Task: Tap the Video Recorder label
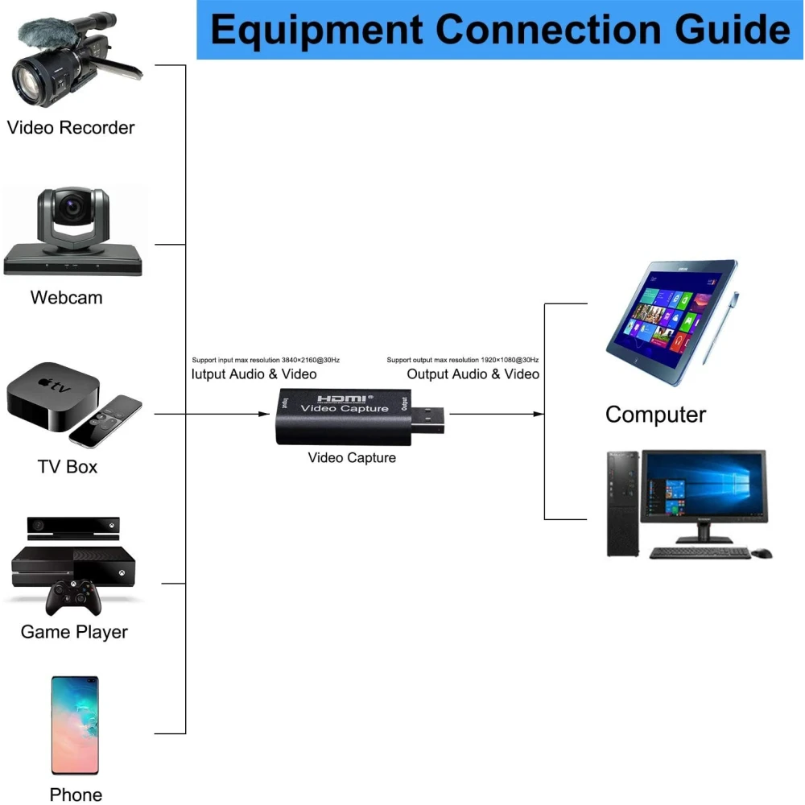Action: (71, 127)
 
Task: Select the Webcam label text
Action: (67, 297)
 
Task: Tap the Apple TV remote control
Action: (105, 421)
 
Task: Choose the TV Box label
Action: (68, 466)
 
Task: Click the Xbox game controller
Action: (73, 598)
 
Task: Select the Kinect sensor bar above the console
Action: (73, 527)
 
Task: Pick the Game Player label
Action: (74, 632)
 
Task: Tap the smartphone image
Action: (75, 725)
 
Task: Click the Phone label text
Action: (76, 795)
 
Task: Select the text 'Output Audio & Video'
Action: (473, 374)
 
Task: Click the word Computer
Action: (655, 415)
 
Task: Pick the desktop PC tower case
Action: (622, 503)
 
